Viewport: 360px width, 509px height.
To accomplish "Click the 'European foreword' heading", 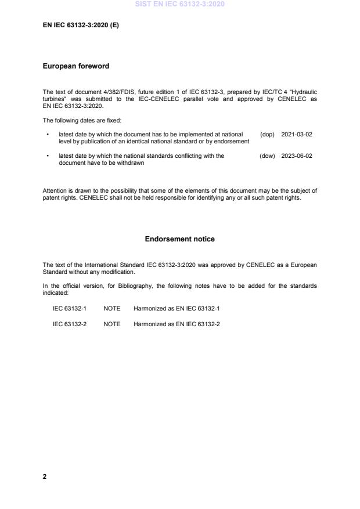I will [76, 66].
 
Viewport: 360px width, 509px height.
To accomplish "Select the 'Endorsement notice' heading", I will [179, 239].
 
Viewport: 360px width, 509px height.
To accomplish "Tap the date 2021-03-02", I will [297, 134].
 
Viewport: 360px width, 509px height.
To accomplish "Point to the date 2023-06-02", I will [297, 156].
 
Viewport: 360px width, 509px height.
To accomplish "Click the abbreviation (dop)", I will [267, 134].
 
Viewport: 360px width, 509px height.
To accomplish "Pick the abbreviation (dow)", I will [267, 156].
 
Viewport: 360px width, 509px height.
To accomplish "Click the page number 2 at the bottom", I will [45, 476].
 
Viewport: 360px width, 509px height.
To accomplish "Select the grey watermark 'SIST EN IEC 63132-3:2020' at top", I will [179, 4].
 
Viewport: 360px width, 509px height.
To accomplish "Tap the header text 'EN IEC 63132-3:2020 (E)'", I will [81, 26].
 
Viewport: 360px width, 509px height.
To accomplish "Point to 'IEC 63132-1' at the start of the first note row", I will [69, 308].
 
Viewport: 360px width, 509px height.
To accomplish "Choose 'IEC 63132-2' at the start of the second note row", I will [69, 323].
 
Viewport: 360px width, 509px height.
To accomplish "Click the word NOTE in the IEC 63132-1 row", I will [111, 308].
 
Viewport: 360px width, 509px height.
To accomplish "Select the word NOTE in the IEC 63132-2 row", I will [111, 323].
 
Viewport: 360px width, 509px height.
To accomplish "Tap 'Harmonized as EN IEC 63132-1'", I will [177, 308].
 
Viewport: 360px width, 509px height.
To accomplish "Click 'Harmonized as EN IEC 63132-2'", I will [177, 323].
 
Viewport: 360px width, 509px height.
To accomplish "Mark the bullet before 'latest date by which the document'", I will [46, 134].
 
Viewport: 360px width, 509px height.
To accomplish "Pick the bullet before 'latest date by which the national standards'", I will [46, 156].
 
